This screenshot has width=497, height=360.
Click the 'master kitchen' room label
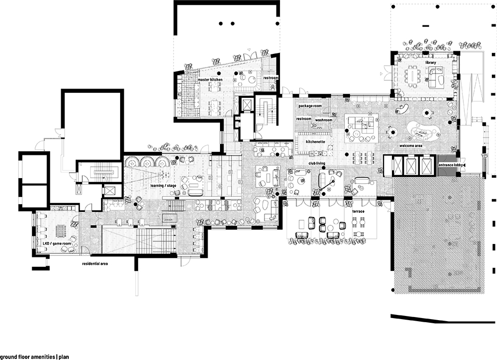click(x=210, y=80)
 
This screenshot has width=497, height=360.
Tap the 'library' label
click(x=430, y=63)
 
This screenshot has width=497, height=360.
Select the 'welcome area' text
click(x=411, y=146)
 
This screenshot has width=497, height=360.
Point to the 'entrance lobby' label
click(x=451, y=165)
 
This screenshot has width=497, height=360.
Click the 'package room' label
click(x=310, y=106)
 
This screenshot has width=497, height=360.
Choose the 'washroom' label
click(x=324, y=120)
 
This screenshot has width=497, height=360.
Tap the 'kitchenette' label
click(x=315, y=142)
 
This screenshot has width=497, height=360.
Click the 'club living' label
click(x=317, y=163)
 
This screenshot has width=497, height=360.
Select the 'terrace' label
click(x=358, y=211)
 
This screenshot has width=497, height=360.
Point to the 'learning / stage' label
click(x=163, y=185)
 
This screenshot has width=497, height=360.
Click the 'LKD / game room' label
click(x=57, y=243)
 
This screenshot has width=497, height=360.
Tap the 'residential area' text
click(x=95, y=264)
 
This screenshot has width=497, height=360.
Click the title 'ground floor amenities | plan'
click(x=35, y=357)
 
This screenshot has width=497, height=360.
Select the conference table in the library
click(x=413, y=76)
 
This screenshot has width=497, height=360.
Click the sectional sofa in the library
click(x=436, y=77)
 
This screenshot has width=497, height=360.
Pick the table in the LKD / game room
click(x=60, y=231)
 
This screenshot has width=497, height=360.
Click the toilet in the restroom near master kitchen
click(x=273, y=86)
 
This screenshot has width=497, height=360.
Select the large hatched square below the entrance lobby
click(x=440, y=235)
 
